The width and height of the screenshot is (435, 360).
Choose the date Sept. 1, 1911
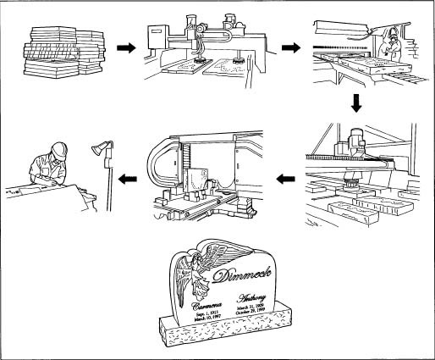click(x=208, y=313)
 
